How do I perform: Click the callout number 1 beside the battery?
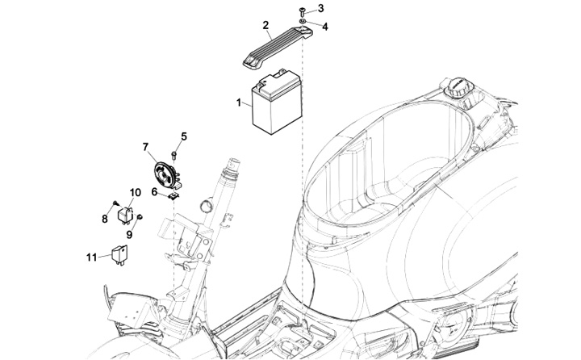point(239,103)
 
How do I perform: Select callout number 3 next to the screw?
point(320,9)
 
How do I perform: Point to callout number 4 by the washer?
point(325,26)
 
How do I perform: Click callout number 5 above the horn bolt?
point(183,136)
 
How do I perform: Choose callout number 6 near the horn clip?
point(154,192)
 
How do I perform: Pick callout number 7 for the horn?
point(146,147)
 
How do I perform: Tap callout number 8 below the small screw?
point(104,219)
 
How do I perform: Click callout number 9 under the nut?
point(129,234)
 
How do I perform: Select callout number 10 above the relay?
point(135,192)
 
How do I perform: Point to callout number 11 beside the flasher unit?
point(92,257)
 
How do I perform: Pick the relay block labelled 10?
point(127,213)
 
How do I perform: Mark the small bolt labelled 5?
point(175,153)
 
